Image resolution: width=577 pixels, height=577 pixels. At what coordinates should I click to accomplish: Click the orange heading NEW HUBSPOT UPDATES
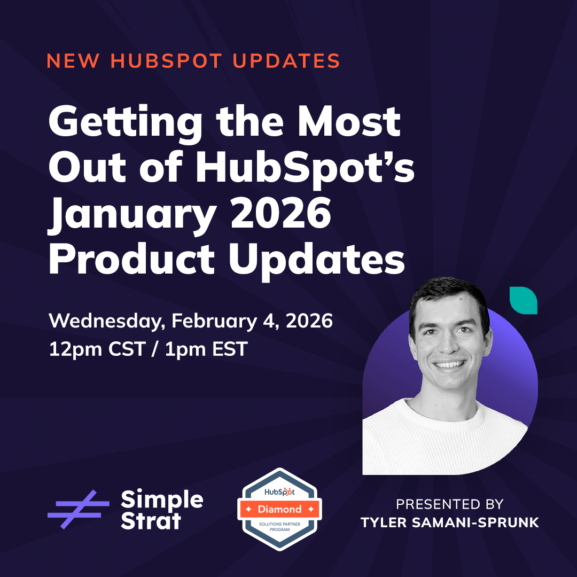(193, 60)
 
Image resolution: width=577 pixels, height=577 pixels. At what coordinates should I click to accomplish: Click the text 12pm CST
(96, 349)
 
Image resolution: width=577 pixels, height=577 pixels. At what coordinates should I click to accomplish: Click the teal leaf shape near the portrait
(523, 300)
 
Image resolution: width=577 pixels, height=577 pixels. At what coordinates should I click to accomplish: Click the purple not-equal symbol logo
(78, 509)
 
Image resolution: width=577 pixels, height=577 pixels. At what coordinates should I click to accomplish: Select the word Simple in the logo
(162, 500)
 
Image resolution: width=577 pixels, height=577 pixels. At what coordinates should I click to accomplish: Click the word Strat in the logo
(151, 521)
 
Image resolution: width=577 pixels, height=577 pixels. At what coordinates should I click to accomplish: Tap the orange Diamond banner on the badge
(279, 509)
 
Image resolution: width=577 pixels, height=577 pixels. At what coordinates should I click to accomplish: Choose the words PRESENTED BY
(449, 504)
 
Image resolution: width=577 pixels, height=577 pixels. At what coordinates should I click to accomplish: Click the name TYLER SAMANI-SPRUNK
(449, 523)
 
